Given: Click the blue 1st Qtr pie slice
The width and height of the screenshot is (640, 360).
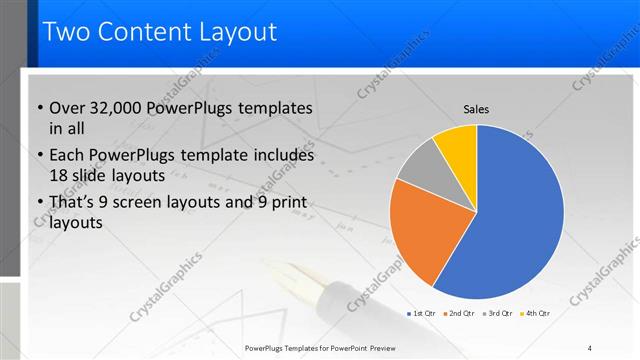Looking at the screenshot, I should [510, 220].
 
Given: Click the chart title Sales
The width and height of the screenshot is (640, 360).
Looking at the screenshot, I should [477, 109].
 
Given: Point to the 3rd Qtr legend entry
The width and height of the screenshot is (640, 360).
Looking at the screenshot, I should [499, 313].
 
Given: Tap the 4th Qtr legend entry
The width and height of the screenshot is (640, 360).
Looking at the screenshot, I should [536, 313].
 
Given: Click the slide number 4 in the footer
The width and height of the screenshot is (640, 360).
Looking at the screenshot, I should [590, 347].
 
